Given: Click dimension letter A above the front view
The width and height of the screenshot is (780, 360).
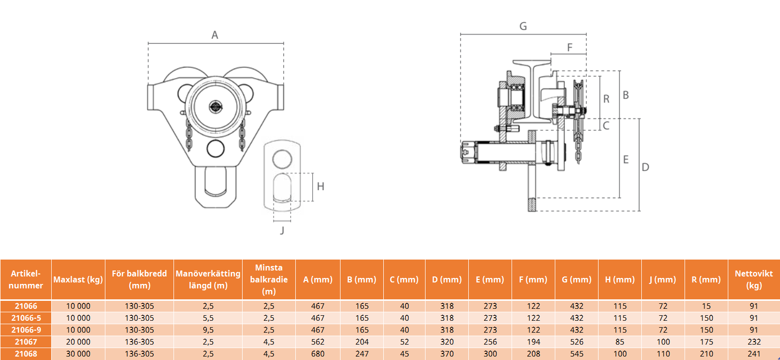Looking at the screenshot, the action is point(215,35).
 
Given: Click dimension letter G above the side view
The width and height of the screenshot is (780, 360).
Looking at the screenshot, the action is point(523,26).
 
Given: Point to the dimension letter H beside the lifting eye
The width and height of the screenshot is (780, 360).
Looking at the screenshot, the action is point(321,186).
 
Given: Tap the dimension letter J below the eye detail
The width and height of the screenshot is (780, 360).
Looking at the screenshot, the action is point(282,230).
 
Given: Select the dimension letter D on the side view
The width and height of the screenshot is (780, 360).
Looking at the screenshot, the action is point(645,168).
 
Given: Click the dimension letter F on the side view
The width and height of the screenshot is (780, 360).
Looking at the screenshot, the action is point(570,47).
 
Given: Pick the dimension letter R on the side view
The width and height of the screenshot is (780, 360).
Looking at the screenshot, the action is point(606,99).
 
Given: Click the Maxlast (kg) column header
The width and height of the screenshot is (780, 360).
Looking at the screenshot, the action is point(78,279).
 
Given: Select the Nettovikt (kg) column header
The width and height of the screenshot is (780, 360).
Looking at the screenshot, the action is point(754,279).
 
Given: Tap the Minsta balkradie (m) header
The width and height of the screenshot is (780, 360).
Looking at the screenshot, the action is point(269,279).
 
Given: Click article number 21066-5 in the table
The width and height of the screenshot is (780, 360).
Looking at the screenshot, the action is point(26,318).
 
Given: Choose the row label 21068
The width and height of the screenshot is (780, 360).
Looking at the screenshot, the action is point(26,354).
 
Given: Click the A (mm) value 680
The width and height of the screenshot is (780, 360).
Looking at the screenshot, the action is point(318,354).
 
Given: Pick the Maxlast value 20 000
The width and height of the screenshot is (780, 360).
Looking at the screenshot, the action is point(78,342).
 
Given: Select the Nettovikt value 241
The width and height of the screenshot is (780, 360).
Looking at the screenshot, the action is point(754,354).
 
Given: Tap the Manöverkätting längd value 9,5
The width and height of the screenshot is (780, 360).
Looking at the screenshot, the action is point(208,330).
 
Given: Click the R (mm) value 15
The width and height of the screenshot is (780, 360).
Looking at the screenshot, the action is point(706,306).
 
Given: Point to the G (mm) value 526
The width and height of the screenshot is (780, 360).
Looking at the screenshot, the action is point(577,342).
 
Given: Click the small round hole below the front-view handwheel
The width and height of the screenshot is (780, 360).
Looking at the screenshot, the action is point(216,149).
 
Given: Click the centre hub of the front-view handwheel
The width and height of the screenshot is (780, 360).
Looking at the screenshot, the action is point(216,106).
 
